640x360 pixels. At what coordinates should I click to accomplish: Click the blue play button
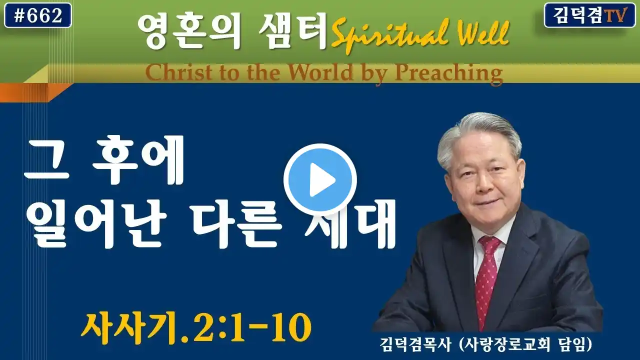pyautogui.click(x=320, y=179)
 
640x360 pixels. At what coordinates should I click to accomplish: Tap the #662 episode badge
pyautogui.click(x=38, y=15)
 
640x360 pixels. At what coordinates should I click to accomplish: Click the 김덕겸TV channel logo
pyautogui.click(x=589, y=15)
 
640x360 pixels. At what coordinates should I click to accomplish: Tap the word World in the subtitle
pyautogui.click(x=320, y=72)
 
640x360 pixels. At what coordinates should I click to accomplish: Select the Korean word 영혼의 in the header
pyautogui.click(x=188, y=31)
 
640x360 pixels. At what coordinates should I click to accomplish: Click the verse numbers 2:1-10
pyautogui.click(x=251, y=327)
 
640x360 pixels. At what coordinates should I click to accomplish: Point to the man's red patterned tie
pyautogui.click(x=487, y=280)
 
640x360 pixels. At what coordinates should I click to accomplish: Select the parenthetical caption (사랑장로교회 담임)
pyautogui.click(x=525, y=345)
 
